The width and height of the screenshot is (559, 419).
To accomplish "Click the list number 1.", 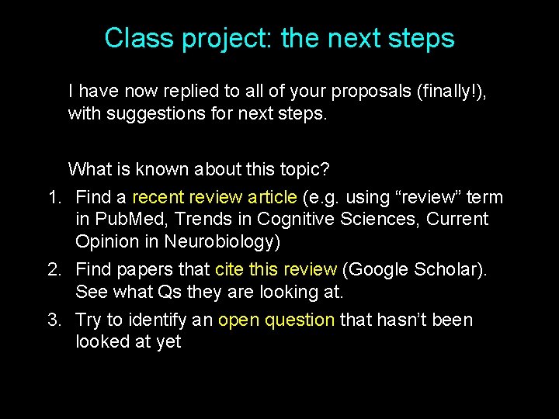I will (x=54, y=198).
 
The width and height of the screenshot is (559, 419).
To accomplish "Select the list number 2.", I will (x=54, y=269).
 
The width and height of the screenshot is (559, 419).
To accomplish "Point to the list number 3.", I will (x=54, y=320).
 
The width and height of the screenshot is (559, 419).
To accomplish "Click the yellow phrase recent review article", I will (x=214, y=198).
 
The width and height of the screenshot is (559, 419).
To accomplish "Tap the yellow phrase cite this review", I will (x=276, y=269).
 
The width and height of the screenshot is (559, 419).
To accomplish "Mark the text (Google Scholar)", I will (x=415, y=269).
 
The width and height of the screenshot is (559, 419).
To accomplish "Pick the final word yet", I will (x=168, y=341).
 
